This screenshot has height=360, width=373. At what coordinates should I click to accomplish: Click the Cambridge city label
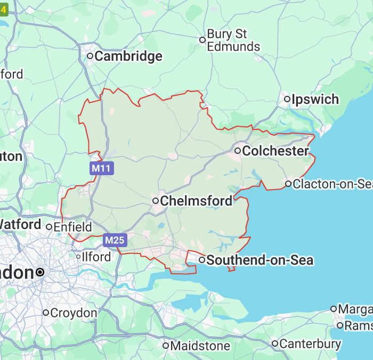coord(128,56)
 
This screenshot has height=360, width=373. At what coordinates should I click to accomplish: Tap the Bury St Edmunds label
coord(233,40)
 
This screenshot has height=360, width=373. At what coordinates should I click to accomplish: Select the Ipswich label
coord(315,99)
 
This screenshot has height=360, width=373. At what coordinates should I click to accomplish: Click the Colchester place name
coord(275,151)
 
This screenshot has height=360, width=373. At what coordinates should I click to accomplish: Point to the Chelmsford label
coord(196,201)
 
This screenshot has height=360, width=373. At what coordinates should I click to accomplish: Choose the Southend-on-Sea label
coord(260,260)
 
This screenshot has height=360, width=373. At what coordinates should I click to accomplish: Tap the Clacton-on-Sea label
coord(331,184)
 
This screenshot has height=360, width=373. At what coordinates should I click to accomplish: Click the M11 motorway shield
coord(101,169)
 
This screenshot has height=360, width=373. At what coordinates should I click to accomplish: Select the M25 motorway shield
coord(115,240)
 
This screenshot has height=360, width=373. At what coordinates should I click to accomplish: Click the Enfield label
coord(73,227)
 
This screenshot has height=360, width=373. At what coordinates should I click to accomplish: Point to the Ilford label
coord(96,257)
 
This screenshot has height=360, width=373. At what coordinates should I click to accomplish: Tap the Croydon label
coord(74,313)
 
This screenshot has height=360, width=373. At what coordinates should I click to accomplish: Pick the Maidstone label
coord(200,346)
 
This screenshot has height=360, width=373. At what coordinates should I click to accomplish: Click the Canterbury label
coord(310,343)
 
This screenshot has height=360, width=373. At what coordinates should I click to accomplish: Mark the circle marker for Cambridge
coord(91,55)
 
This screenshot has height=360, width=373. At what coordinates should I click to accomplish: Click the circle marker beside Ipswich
coord(287,99)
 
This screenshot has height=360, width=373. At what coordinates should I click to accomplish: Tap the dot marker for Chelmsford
coord(156,201)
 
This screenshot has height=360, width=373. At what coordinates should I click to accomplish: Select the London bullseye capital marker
coord(40,272)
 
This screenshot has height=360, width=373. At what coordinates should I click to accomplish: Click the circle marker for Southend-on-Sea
coord(202,260)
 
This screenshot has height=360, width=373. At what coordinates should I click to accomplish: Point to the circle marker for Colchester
coord(238,151)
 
